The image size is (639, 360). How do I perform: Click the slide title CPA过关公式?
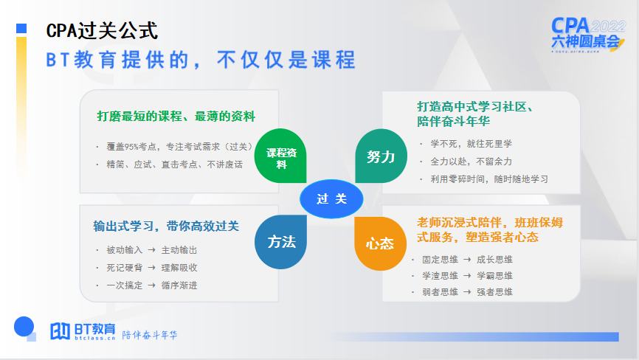(x=102, y=30)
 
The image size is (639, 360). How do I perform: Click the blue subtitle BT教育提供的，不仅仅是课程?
(x=200, y=60)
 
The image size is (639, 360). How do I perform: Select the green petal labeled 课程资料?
(x=281, y=158)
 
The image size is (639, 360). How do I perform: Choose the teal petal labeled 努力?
(x=381, y=156)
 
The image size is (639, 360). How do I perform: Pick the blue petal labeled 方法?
(x=281, y=241)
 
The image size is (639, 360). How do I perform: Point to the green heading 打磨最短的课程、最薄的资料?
(x=176, y=116)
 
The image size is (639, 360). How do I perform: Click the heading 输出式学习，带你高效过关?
(x=166, y=226)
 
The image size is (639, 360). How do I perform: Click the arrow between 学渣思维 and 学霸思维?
(x=467, y=276)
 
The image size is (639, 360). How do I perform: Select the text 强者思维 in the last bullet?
(x=494, y=292)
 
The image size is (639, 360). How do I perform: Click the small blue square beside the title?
(x=21, y=29)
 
